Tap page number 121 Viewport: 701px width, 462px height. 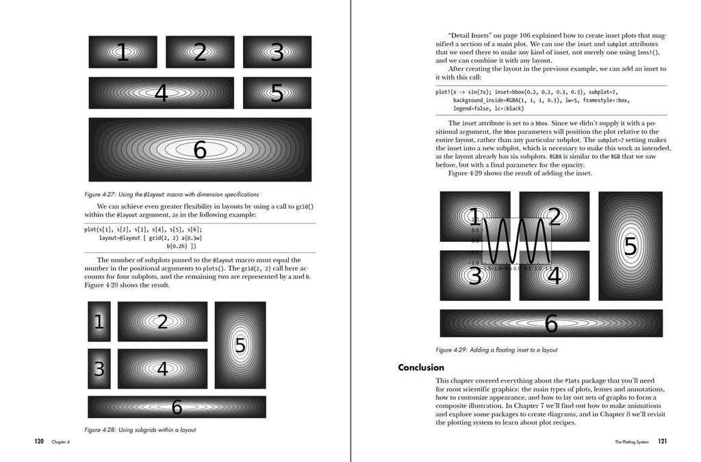pyautogui.click(x=663, y=441)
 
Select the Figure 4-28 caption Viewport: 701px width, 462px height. pyautogui.click(x=140, y=430)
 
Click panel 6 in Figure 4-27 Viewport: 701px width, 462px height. pyautogui.click(x=200, y=149)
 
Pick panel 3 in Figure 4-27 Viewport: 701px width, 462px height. pyautogui.click(x=277, y=52)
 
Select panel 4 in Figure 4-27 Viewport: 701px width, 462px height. pyautogui.click(x=161, y=93)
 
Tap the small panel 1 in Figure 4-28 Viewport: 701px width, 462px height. pyautogui.click(x=99, y=321)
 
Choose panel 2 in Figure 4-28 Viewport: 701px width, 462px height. pyautogui.click(x=162, y=321)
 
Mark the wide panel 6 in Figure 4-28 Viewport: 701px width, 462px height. pyautogui.click(x=177, y=407)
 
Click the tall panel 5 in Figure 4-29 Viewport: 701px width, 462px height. pyautogui.click(x=630, y=245)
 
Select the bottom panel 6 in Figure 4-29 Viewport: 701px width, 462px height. pyautogui.click(x=551, y=324)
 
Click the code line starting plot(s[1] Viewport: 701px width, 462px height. pyautogui.click(x=143, y=229)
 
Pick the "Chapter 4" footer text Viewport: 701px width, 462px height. pyautogui.click(x=61, y=442)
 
